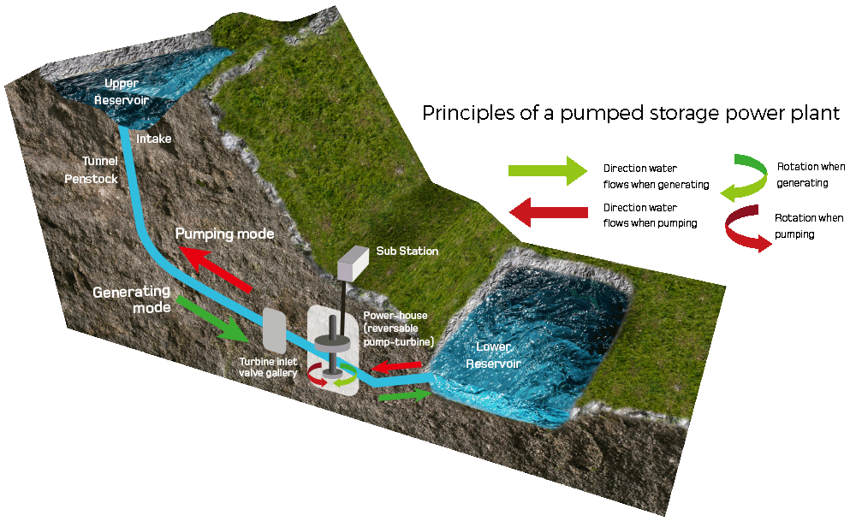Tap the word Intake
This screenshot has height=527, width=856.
pyautogui.click(x=155, y=138)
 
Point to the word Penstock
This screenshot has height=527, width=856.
pyautogui.click(x=91, y=179)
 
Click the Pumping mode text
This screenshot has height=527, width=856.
pyautogui.click(x=224, y=234)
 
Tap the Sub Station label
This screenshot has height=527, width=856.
pyautogui.click(x=407, y=251)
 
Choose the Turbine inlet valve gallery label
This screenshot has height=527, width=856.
pyautogui.click(x=269, y=367)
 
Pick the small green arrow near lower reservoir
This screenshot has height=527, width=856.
pyautogui.click(x=404, y=395)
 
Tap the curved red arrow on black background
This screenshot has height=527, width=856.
pyautogui.click(x=747, y=231)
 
